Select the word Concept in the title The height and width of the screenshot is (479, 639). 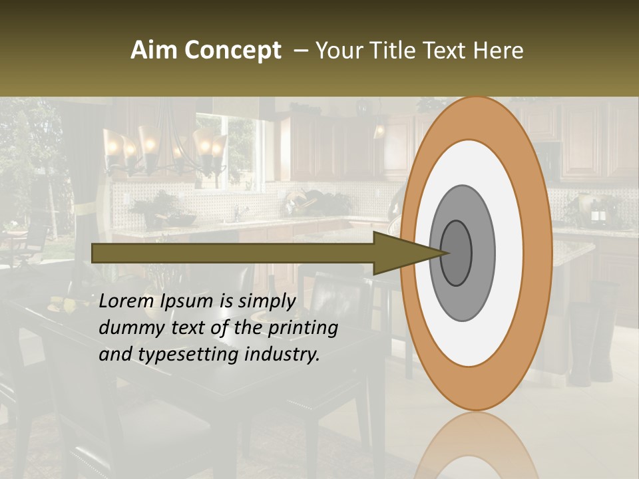tap(233, 51)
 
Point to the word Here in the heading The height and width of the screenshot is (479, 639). tap(499, 50)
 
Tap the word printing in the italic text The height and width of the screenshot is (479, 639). tap(303, 329)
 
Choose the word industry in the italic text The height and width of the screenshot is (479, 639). tap(283, 355)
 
